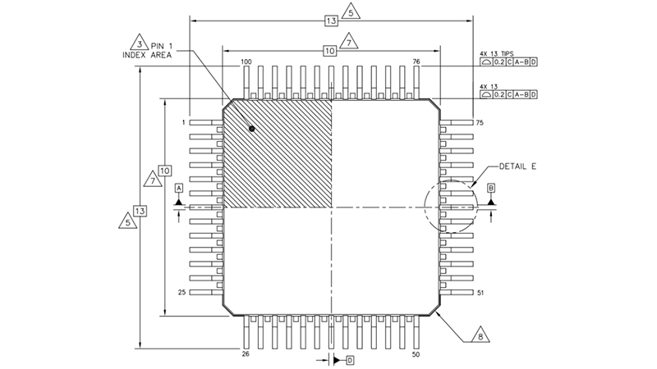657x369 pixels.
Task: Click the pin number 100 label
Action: coord(246,62)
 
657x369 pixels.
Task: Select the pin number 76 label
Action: coord(416,62)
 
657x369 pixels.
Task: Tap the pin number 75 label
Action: coord(480,122)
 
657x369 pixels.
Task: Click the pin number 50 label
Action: coord(416,354)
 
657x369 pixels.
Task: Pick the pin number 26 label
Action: coord(245,354)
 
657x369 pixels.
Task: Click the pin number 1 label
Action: coord(185,122)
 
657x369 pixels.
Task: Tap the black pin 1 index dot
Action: coord(252,129)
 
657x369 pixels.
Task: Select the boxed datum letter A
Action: coord(178,188)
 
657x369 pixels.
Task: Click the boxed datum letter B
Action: coord(491,188)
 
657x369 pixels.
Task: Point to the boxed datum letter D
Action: coord(350,360)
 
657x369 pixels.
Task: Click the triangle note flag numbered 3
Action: coord(140,43)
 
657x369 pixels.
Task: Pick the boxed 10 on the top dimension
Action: coord(330,51)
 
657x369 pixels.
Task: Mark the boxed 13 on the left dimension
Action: coord(140,211)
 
